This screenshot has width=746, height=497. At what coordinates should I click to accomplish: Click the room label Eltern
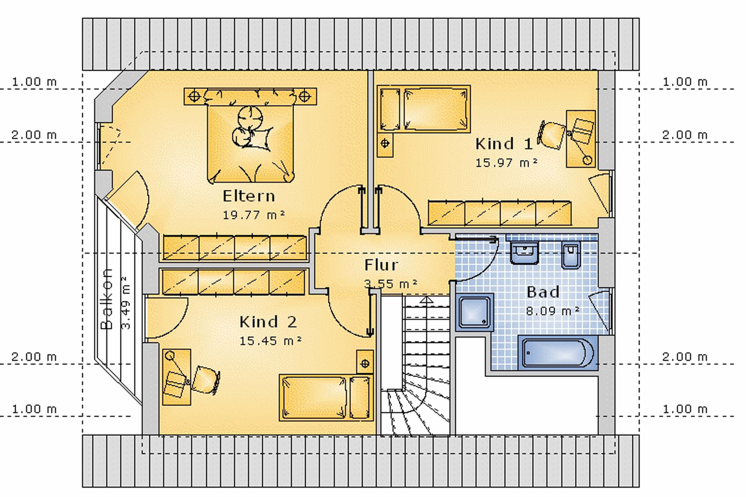point(249,196)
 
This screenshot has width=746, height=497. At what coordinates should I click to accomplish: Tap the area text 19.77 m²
point(254,215)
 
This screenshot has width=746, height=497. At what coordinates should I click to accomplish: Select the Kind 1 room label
point(504,144)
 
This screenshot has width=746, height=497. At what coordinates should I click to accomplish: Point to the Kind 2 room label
point(268,322)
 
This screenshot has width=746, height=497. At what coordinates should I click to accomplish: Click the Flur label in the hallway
point(381,265)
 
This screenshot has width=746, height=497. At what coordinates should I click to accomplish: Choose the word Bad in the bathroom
point(543,292)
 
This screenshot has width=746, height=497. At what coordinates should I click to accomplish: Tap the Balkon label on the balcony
point(107,299)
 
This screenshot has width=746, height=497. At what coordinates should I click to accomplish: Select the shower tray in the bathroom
point(475,312)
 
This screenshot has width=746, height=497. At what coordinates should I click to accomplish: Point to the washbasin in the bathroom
point(524,253)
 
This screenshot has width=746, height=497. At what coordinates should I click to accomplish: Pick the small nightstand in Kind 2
point(365,362)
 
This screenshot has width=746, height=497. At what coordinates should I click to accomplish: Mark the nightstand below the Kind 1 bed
point(385,145)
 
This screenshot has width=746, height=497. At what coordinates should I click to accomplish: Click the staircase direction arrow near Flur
point(427,300)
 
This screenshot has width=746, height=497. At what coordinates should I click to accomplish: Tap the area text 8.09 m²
point(553,311)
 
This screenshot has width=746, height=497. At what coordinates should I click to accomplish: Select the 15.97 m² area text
point(506,163)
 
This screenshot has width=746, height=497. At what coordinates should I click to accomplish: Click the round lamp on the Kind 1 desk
point(587,160)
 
